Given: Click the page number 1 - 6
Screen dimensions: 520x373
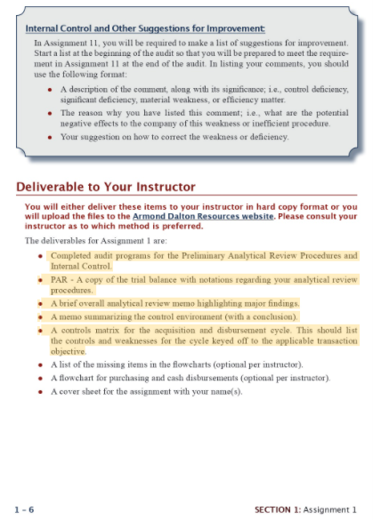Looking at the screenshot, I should point(25,509).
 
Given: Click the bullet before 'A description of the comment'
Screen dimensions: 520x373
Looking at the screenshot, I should point(49,91).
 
